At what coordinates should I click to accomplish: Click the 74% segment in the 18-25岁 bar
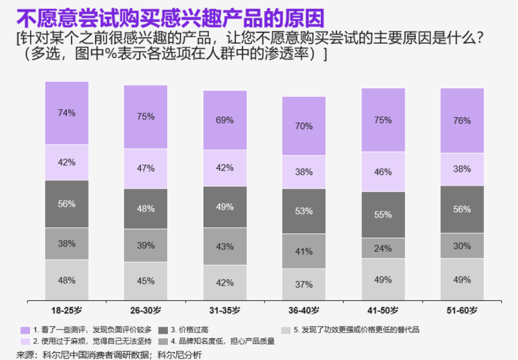[x=67, y=113]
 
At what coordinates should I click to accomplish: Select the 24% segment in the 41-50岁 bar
[x=383, y=248]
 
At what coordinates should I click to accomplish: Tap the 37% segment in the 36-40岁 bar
[x=304, y=285]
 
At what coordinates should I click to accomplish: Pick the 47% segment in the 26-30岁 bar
[x=145, y=168]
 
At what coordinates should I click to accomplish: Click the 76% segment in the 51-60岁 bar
[x=462, y=121]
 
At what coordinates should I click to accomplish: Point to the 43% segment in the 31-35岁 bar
[x=224, y=247]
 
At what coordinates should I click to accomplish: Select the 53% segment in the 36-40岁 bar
[x=304, y=211]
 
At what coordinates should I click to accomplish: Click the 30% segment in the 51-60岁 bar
[x=462, y=246]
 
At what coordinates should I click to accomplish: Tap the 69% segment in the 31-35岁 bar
[x=224, y=120]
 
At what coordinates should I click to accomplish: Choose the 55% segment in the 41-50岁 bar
[x=383, y=215]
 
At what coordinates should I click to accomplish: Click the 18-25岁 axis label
[x=67, y=311]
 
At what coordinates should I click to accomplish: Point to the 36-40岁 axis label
[x=304, y=311]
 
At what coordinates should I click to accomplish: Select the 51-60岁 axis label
[x=462, y=311]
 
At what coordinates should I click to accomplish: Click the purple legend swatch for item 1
[x=25, y=330]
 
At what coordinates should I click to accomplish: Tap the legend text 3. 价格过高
[x=189, y=330]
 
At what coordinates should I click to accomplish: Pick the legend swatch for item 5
[x=286, y=330]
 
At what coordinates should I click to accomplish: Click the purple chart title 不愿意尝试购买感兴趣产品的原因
[x=170, y=18]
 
